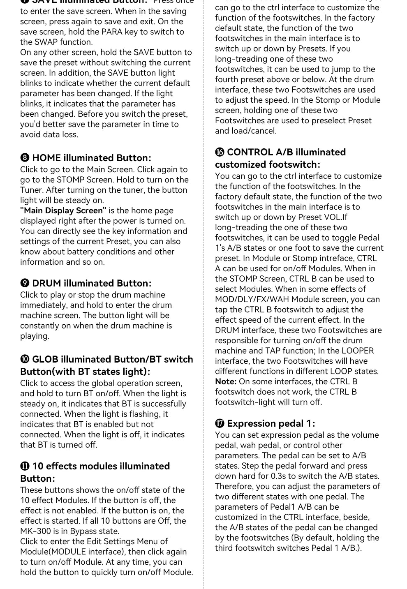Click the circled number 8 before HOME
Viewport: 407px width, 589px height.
point(25,158)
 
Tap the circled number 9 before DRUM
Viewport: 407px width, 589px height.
point(25,284)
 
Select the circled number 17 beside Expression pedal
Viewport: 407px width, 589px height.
point(220,424)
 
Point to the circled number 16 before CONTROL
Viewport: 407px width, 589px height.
point(220,152)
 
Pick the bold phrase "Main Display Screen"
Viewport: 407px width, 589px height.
point(63,211)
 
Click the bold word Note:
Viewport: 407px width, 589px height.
point(226,382)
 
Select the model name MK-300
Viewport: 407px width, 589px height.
point(35,531)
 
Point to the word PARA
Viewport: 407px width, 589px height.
point(112,32)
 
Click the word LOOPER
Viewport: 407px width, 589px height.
point(358,351)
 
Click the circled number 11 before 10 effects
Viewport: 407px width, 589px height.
point(25,467)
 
